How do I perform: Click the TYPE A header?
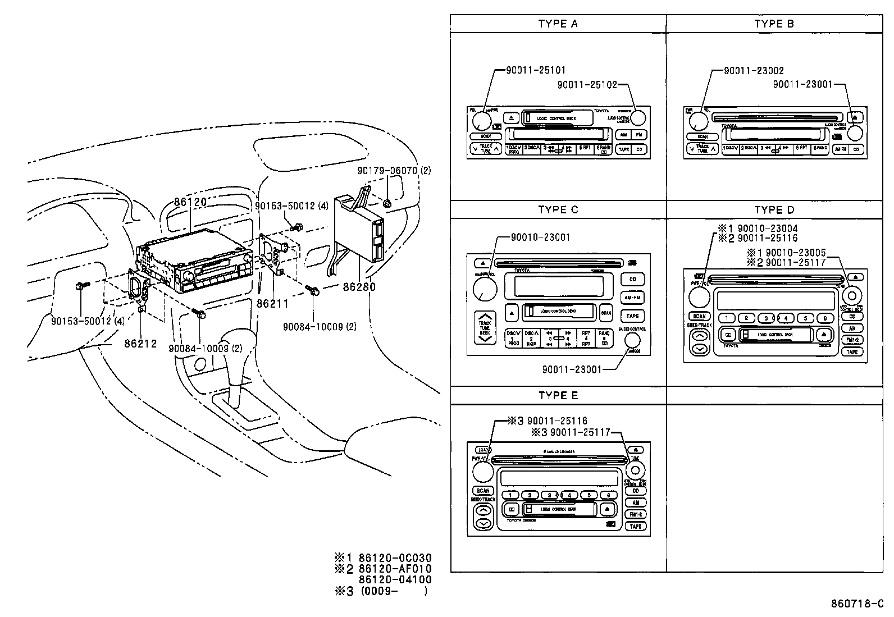tap(558, 24)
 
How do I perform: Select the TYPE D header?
tap(774, 209)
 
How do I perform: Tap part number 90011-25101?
tap(536, 70)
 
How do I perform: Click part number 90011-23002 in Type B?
tap(754, 70)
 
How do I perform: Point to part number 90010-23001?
tap(540, 237)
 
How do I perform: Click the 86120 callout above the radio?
tap(190, 202)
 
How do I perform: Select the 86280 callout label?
tap(359, 287)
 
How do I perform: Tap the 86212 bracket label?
tap(140, 344)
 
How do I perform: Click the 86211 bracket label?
tap(272, 304)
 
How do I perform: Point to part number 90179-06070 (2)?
tap(394, 170)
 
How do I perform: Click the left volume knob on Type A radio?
tap(481, 120)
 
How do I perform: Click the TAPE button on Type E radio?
tap(636, 527)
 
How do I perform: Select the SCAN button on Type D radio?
tap(699, 316)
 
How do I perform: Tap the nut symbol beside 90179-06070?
tap(387, 204)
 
